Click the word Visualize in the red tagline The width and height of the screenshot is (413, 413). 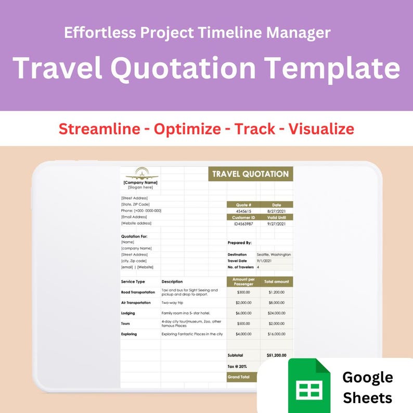point(321,128)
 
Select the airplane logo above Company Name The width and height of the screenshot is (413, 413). point(140,173)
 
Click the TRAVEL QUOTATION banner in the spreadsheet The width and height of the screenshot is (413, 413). point(251,174)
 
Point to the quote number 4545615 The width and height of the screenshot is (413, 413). point(243,211)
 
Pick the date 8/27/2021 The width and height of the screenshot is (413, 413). point(276,211)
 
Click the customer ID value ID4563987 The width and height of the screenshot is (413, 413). point(243,224)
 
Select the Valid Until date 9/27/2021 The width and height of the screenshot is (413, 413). point(276,224)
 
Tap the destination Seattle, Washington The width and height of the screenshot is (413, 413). point(274,254)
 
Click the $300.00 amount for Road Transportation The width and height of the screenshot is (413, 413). point(243,292)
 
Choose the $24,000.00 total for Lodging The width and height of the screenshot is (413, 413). point(276,313)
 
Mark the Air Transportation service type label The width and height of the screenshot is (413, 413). point(136,303)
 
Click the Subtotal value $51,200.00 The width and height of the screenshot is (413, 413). point(276,355)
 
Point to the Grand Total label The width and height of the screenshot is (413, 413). point(238,377)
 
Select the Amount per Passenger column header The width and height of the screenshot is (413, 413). point(243,281)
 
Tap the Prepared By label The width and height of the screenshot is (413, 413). point(240,242)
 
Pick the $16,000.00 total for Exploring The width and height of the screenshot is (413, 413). point(276,334)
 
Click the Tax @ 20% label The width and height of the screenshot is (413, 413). point(238,366)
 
